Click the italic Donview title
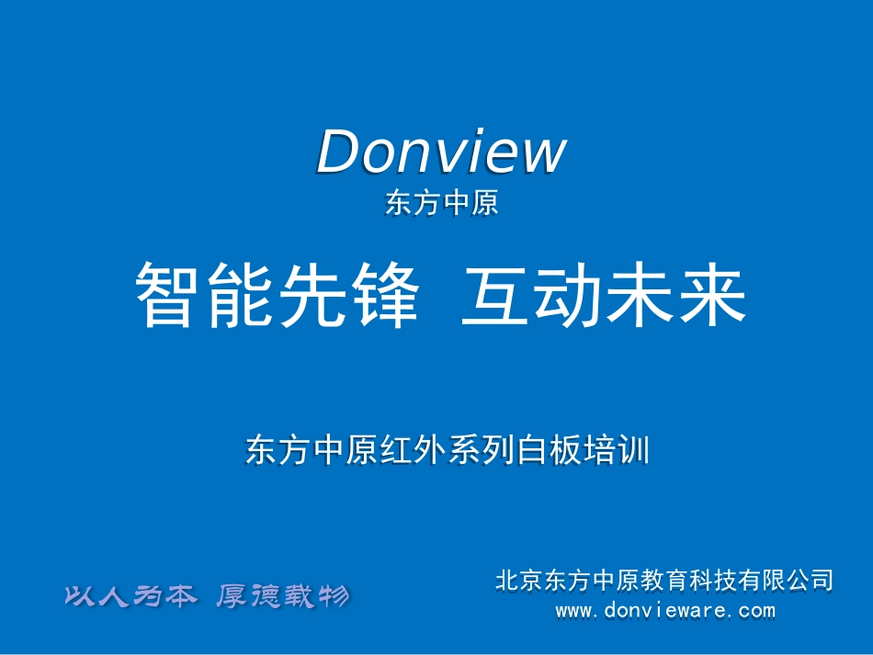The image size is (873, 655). (441, 152)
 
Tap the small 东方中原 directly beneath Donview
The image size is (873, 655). (441, 203)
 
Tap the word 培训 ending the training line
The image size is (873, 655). (617, 451)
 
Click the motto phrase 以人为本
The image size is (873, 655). (130, 597)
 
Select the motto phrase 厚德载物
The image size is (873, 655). (282, 597)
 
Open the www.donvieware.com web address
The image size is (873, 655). (665, 610)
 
